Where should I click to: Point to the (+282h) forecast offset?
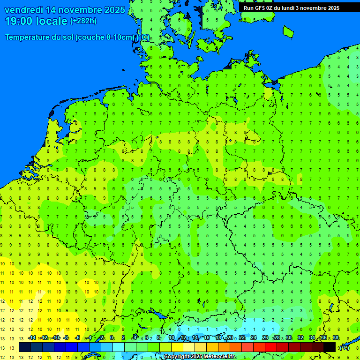(x=83, y=21)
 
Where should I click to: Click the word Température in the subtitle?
(x=28, y=37)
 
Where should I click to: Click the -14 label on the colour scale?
(x=32, y=338)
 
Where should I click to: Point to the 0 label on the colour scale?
(x=112, y=338)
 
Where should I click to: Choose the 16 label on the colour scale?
(x=207, y=338)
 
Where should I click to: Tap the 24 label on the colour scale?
(x=254, y=338)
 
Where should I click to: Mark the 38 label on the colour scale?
(x=336, y=338)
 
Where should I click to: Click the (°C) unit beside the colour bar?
(x=344, y=348)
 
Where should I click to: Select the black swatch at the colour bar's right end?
(x=330, y=347)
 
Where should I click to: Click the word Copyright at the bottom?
(x=177, y=357)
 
